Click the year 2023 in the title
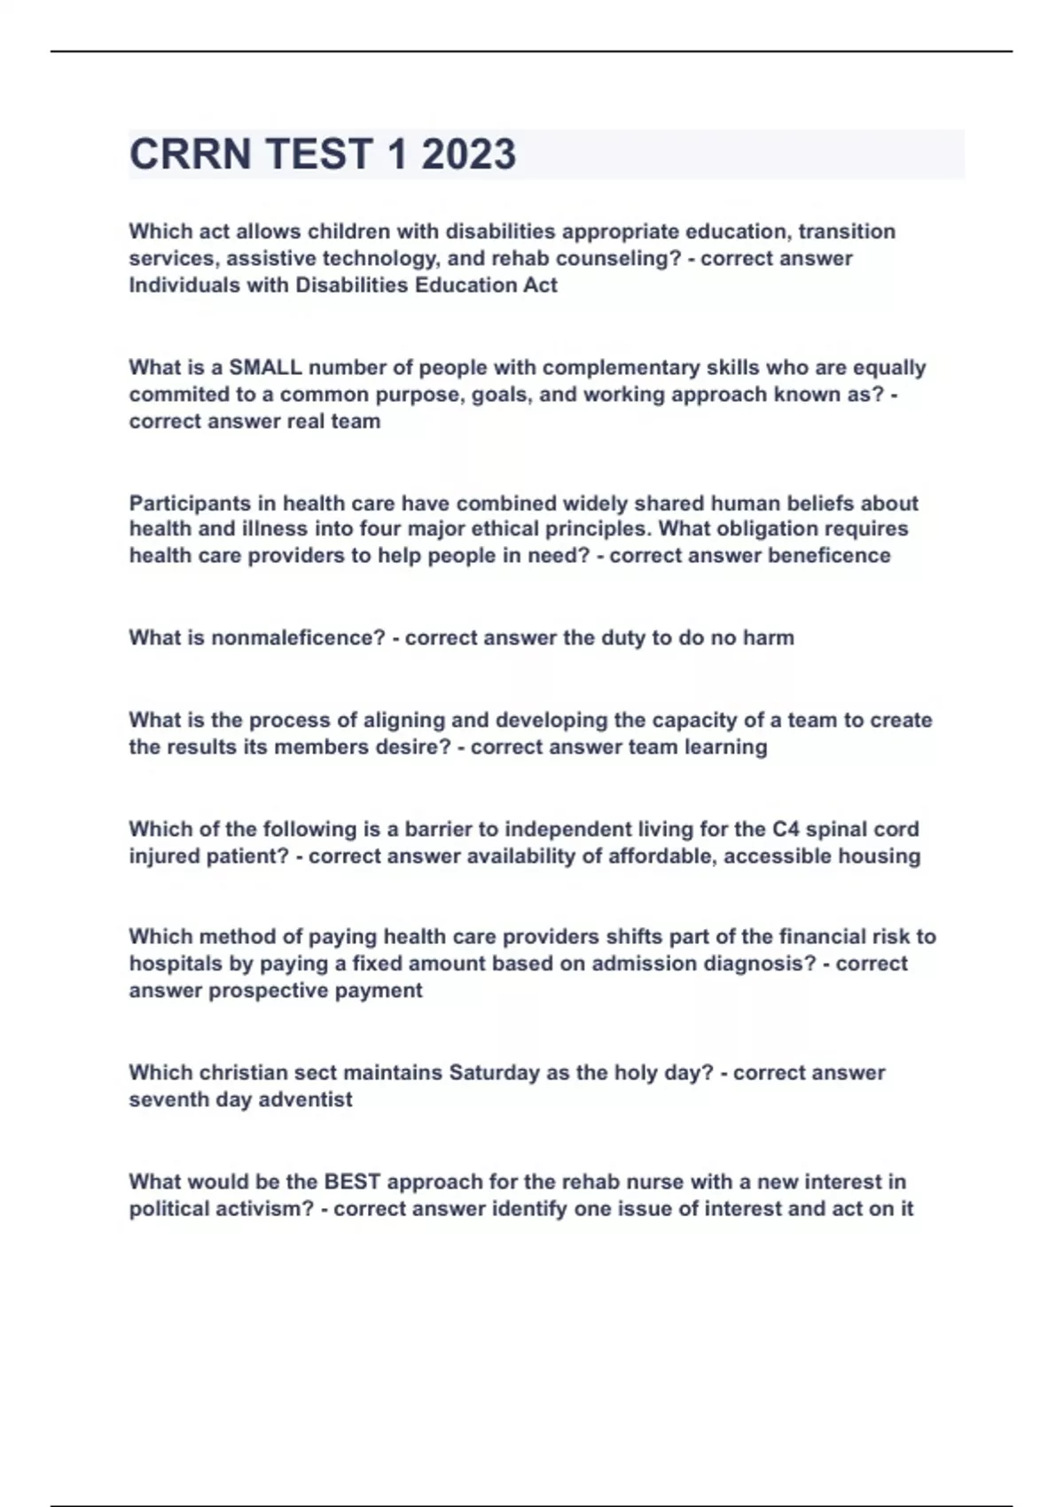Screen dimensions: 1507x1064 point(468,154)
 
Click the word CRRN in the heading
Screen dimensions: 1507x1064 point(190,154)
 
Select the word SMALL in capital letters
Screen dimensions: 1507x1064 point(265,368)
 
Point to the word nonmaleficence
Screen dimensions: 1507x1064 point(298,638)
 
